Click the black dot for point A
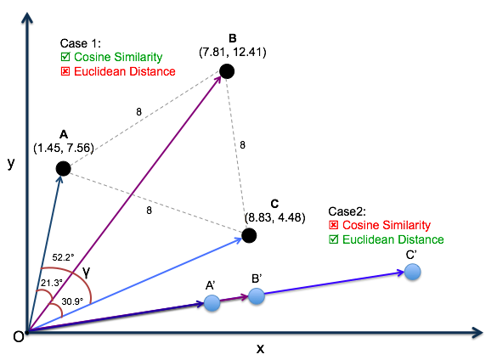pos(64,168)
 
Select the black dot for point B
pos(227,71)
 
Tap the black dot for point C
pos(249,235)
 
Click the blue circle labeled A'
pos(212,303)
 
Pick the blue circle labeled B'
pos(257,296)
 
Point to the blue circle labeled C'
pos(412,272)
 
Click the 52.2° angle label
pos(63,257)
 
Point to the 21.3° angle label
pos(52,283)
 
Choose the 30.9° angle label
pos(72,301)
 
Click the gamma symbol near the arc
pos(86,272)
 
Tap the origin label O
pos(19,336)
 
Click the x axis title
pos(260,349)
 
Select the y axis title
pos(11,163)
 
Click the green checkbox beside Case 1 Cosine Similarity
pos(65,57)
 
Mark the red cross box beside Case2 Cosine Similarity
pos(333,225)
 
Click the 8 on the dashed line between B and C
pos(242,145)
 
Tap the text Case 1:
pos(81,43)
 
